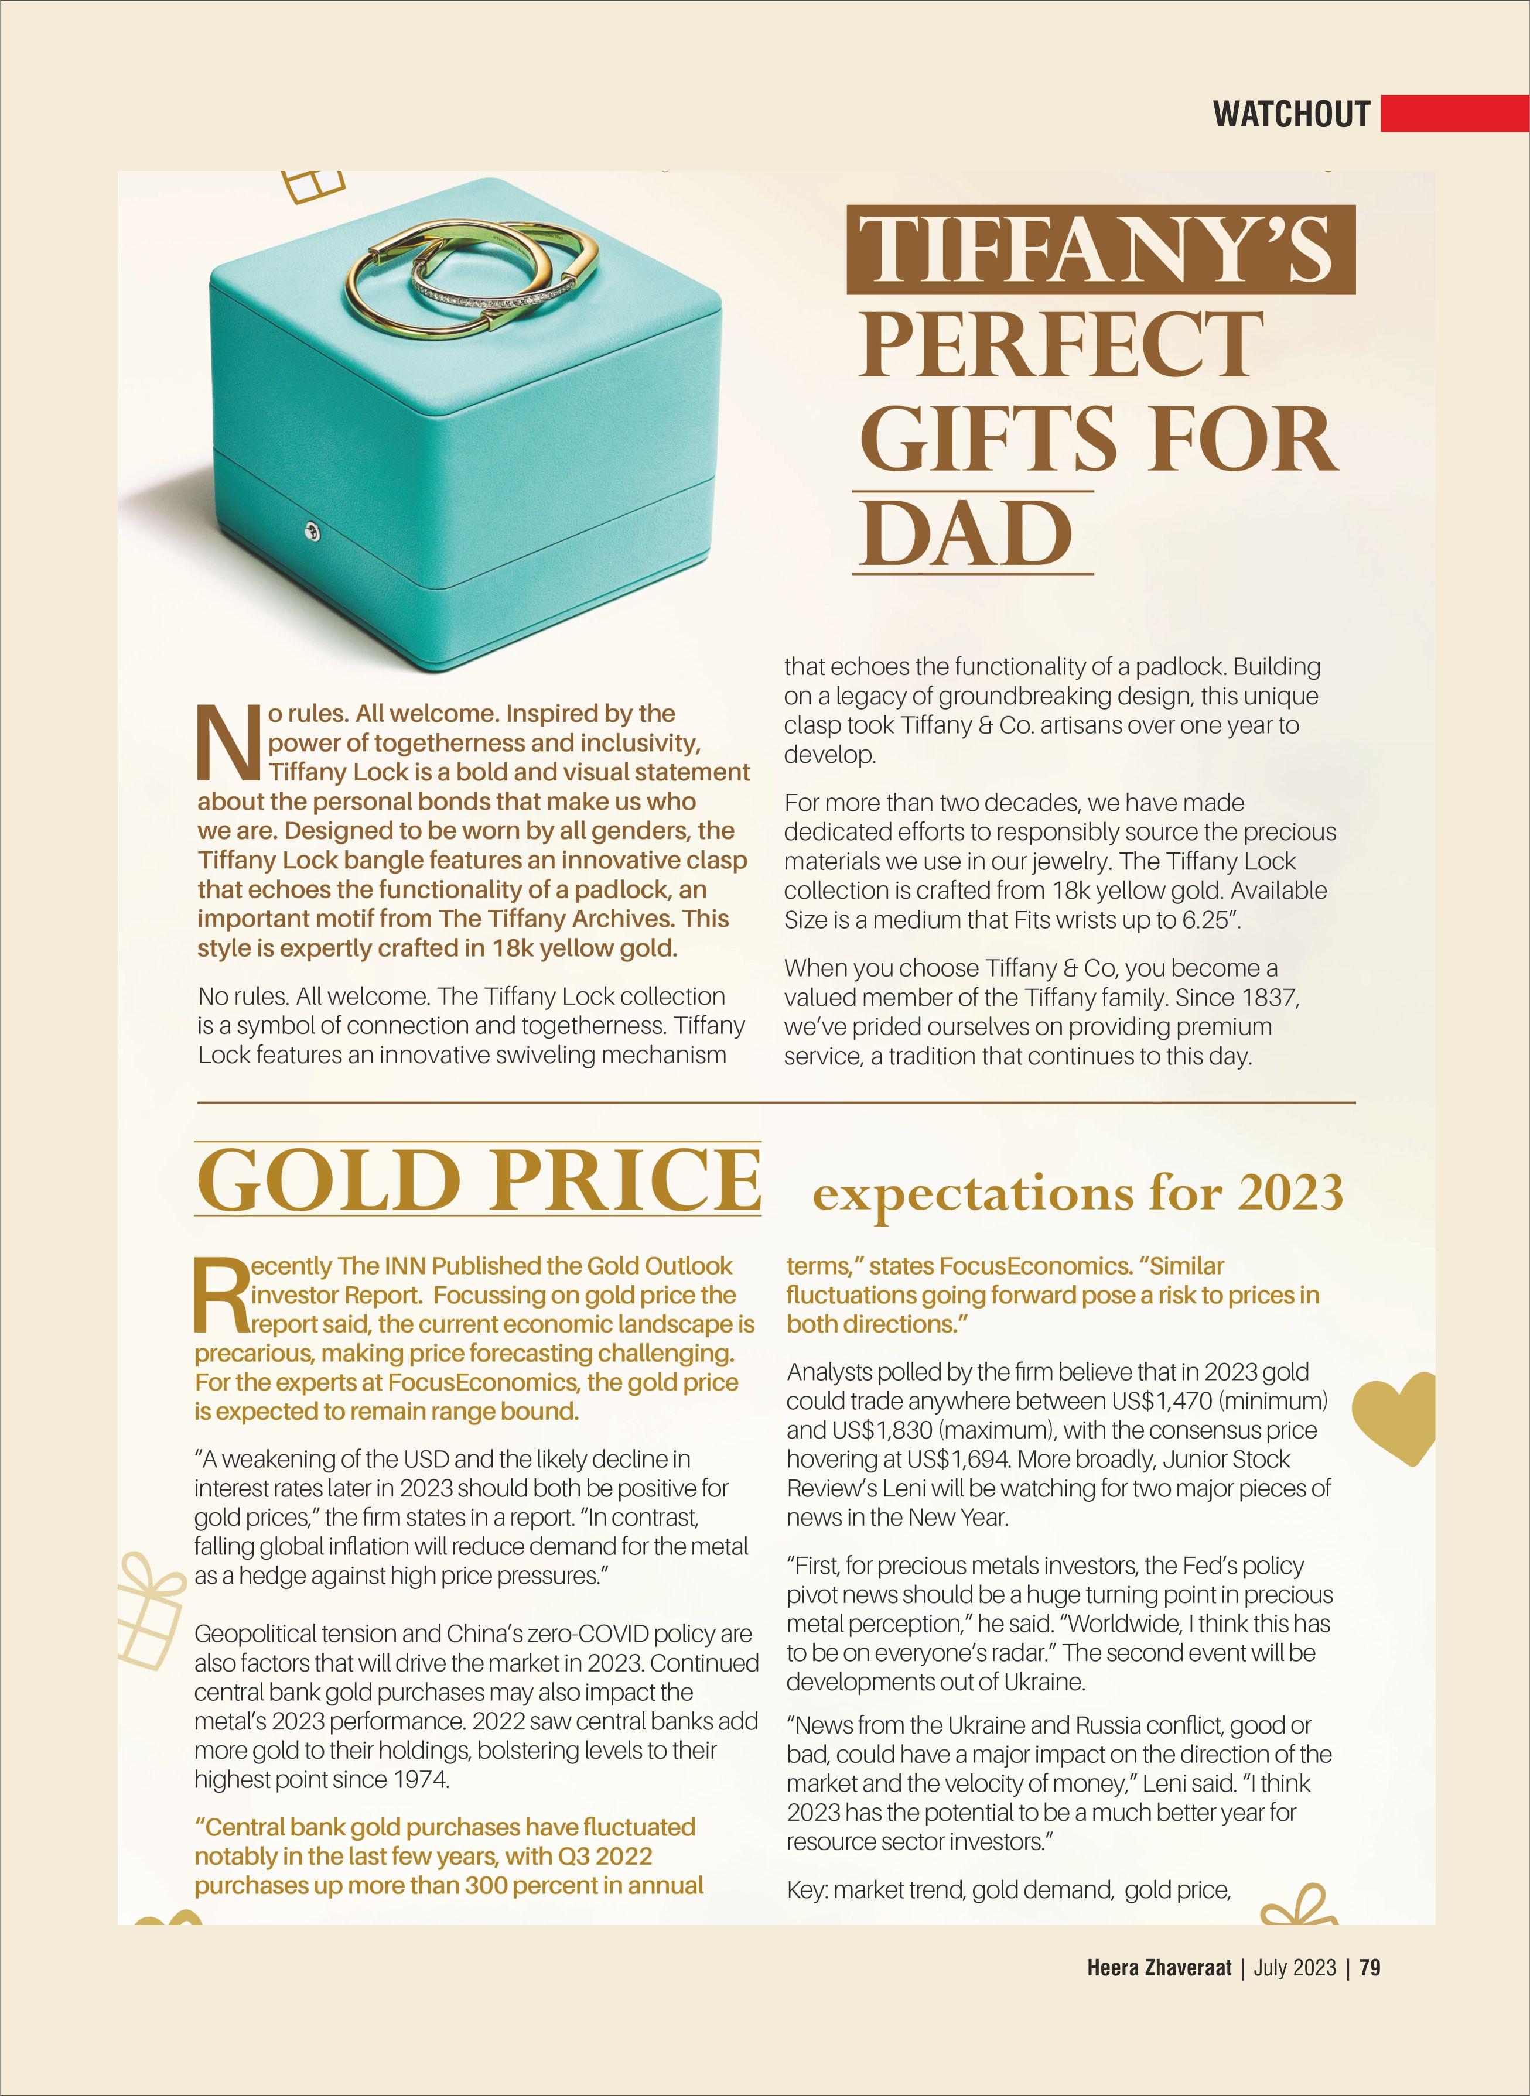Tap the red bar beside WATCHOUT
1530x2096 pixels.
pos(1453,114)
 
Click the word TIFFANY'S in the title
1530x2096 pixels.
pos(1100,250)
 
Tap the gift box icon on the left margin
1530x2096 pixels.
pos(151,1611)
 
